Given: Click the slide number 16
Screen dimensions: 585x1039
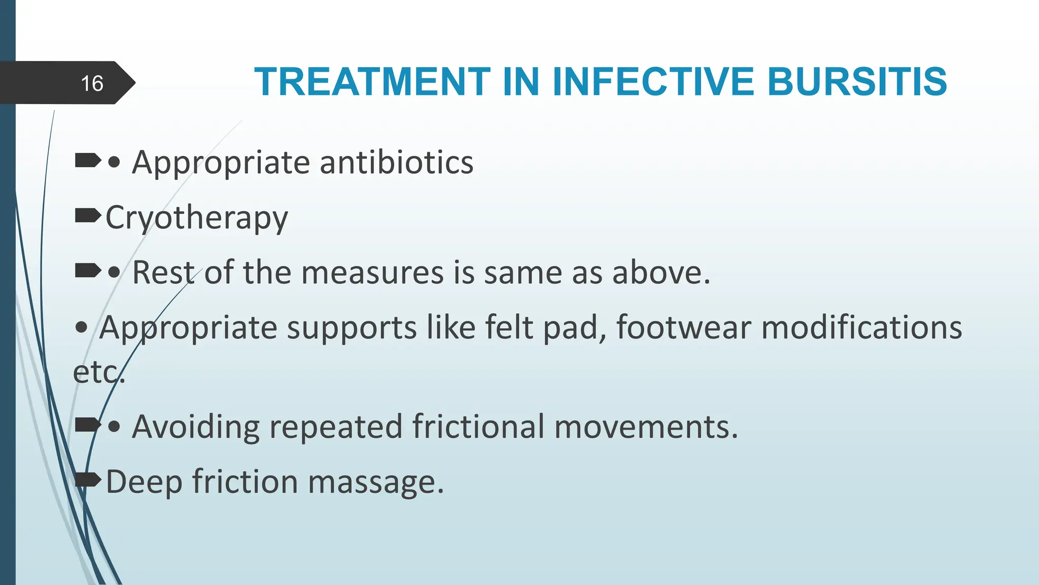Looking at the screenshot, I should [x=92, y=83].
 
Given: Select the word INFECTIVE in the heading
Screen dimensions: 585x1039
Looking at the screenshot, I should [x=654, y=82].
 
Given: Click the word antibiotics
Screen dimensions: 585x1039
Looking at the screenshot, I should [x=396, y=162].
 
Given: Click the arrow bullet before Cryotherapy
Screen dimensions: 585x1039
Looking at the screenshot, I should [x=87, y=217].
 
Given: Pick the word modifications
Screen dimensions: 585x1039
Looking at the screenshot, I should [x=861, y=328].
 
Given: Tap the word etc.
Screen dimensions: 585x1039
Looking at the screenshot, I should [x=98, y=373].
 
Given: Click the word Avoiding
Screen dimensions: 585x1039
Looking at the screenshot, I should [x=196, y=427].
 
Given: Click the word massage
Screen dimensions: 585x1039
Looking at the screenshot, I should [x=375, y=482].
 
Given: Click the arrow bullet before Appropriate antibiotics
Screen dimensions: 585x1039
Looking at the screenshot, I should [x=87, y=161].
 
